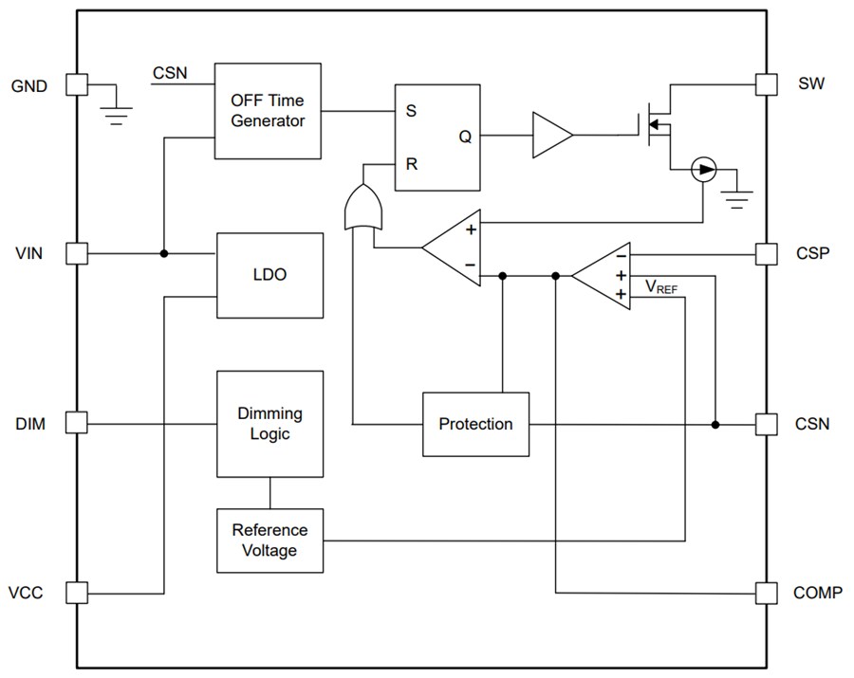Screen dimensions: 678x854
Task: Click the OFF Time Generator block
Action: [x=268, y=110]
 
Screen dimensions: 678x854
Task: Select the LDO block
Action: [x=270, y=275]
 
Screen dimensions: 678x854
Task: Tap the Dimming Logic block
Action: [x=270, y=424]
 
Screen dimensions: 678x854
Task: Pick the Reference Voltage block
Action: [x=270, y=541]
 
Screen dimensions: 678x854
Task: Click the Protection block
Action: [x=475, y=424]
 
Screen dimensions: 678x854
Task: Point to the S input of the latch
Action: [x=411, y=110]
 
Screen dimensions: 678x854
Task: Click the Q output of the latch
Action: [x=465, y=137]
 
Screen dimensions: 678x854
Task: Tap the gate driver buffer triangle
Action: [x=551, y=136]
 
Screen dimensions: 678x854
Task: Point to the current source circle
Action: [x=702, y=171]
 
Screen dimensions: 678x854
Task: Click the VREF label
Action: [x=661, y=286]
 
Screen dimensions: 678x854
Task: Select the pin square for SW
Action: [x=766, y=84]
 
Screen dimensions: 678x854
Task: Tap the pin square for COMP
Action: [x=766, y=593]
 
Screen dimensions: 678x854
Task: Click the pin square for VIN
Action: [x=77, y=253]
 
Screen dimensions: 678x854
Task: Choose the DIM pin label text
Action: [x=28, y=423]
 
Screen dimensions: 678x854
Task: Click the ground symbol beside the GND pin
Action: [x=115, y=113]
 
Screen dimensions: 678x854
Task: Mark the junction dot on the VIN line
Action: [x=164, y=253]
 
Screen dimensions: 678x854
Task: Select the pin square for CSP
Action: [x=766, y=253]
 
